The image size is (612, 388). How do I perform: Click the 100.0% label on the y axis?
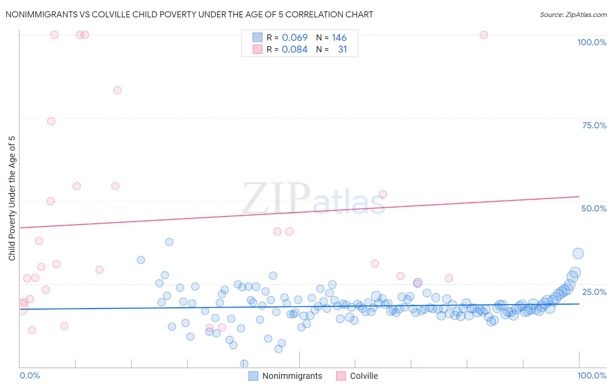(x=592, y=42)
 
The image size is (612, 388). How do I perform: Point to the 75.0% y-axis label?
(x=594, y=125)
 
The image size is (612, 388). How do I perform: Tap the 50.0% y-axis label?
(x=594, y=208)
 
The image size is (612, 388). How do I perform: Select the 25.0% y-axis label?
(x=594, y=291)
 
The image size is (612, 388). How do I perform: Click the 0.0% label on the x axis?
(x=30, y=375)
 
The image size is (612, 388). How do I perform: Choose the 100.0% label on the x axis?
(x=592, y=375)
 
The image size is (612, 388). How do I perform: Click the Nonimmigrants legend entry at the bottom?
(x=286, y=376)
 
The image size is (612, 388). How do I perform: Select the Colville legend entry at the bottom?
(x=357, y=376)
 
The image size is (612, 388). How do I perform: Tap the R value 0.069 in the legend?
(x=295, y=38)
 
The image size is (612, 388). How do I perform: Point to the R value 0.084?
(x=295, y=50)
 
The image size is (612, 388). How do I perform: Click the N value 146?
(x=339, y=38)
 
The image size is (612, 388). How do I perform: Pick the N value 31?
(x=342, y=50)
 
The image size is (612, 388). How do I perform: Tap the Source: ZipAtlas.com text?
(x=573, y=14)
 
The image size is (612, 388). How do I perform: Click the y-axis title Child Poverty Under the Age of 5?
(x=12, y=198)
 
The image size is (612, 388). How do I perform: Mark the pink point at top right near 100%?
(x=483, y=35)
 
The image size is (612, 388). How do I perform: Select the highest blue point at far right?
(x=578, y=254)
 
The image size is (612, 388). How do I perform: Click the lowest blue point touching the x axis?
(x=244, y=364)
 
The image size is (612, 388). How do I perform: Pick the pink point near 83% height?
(x=117, y=90)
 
